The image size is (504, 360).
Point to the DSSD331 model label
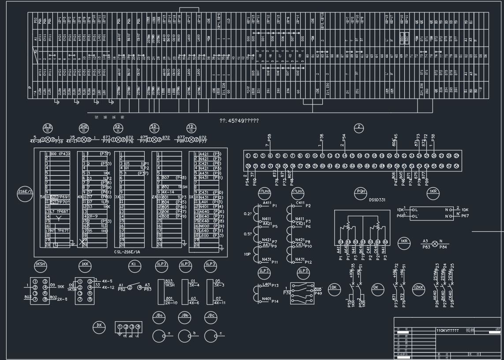(x=377, y=200)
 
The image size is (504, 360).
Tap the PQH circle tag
(x=361, y=192)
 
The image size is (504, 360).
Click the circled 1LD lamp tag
(x=48, y=128)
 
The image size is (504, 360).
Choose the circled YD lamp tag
(x=191, y=128)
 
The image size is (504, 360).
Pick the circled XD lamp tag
(x=118, y=128)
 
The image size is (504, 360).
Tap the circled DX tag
(x=99, y=327)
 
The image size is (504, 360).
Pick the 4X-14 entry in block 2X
(x=168, y=192)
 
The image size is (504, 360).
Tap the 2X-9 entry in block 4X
(x=92, y=216)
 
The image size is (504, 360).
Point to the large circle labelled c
(x=211, y=336)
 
